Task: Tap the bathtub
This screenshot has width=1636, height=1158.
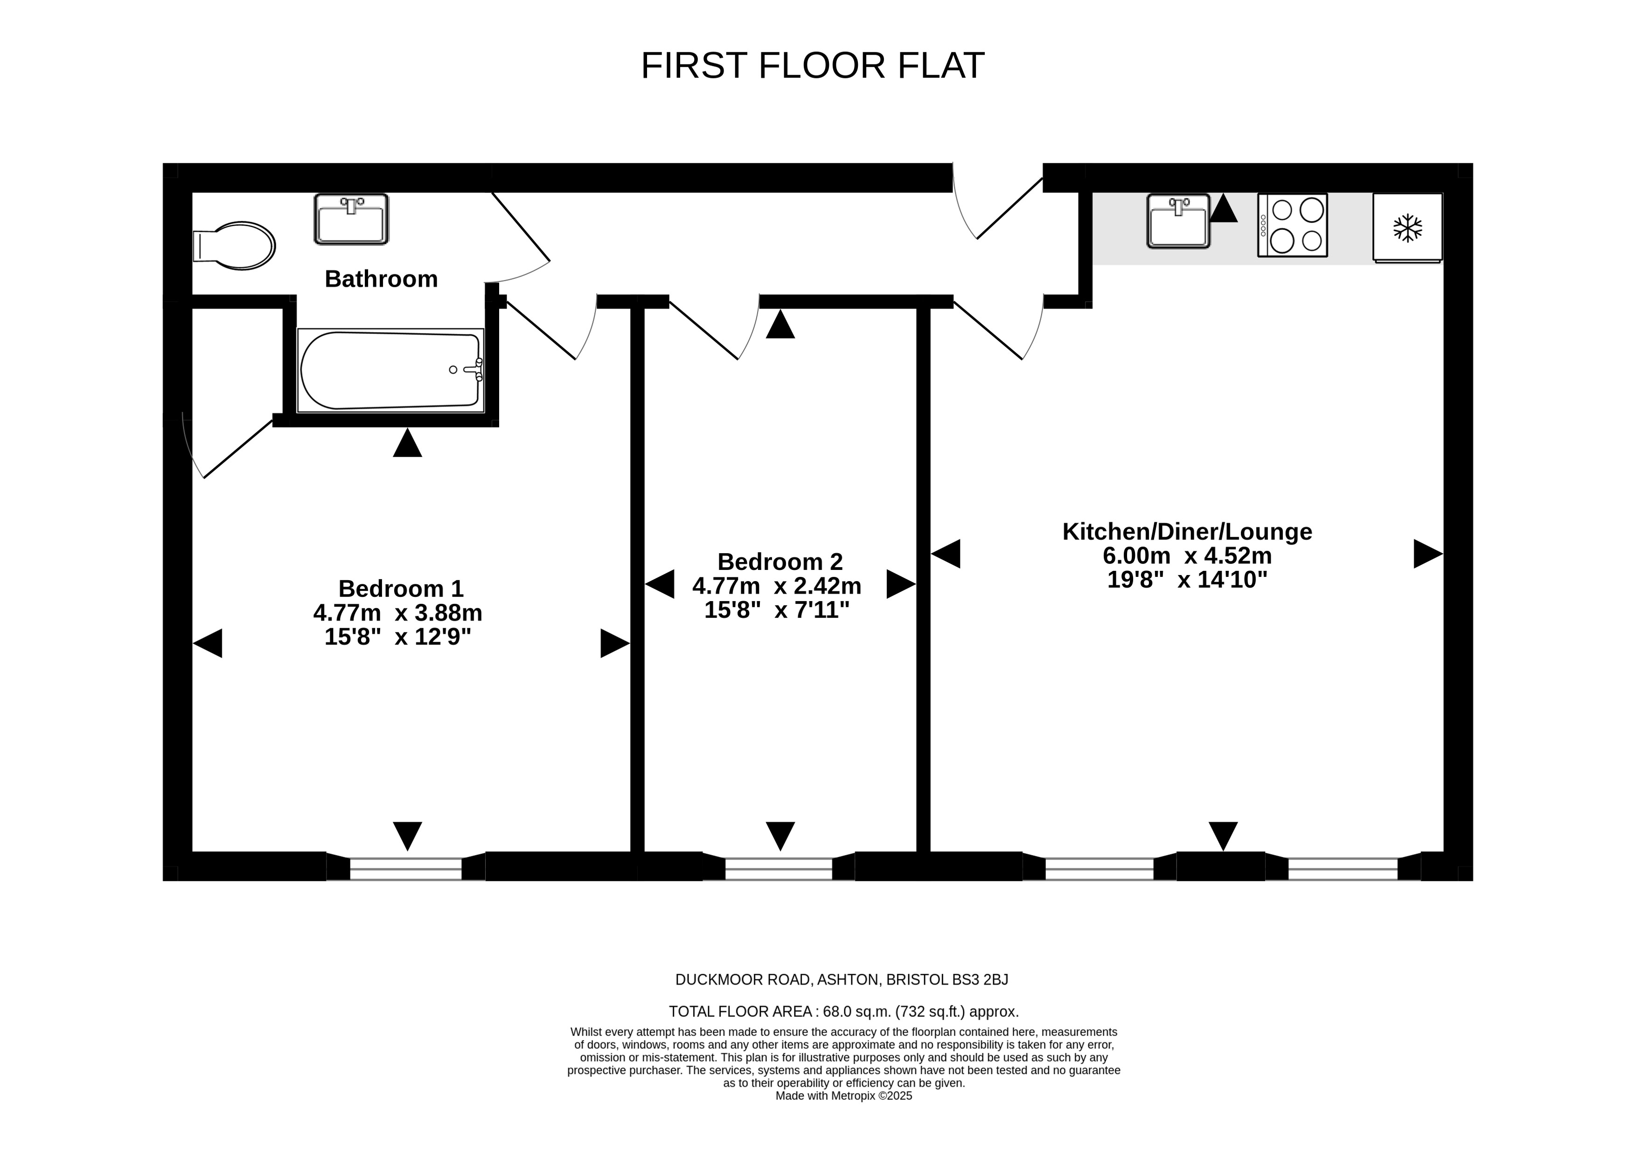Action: click(391, 370)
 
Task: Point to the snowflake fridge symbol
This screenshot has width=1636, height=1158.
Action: click(1408, 228)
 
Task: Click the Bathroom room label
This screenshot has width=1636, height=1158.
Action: click(382, 279)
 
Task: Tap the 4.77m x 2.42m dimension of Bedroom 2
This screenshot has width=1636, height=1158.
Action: click(777, 586)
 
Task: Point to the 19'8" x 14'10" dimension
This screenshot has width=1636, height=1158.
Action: click(1187, 580)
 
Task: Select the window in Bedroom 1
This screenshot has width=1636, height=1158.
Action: click(406, 868)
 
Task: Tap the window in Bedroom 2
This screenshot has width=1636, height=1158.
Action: click(779, 868)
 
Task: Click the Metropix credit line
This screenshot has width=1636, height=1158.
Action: click(844, 1096)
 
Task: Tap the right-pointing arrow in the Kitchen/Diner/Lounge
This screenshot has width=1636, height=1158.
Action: click(1428, 553)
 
